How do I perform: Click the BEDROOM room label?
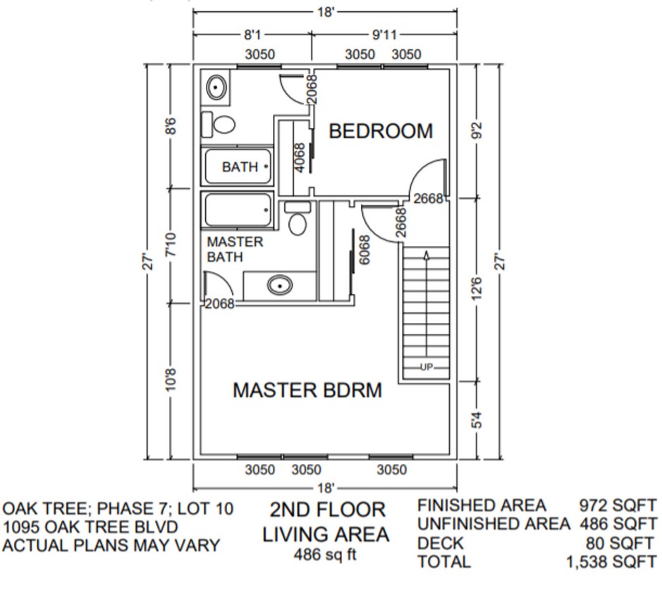point(380,131)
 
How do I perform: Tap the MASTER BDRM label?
point(307,390)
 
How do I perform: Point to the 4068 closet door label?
point(299,157)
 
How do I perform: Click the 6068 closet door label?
point(364,250)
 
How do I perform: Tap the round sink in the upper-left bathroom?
point(216,88)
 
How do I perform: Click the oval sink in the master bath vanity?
point(280,286)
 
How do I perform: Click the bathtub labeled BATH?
point(238,167)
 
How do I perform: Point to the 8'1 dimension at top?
point(252,34)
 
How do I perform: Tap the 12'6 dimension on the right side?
point(477,289)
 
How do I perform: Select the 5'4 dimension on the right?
point(477,421)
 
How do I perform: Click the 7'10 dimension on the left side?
point(170,246)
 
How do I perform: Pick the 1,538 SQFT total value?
point(611,563)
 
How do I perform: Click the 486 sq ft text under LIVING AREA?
point(325,554)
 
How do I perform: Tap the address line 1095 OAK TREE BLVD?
point(90,527)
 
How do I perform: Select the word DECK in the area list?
point(441,544)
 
